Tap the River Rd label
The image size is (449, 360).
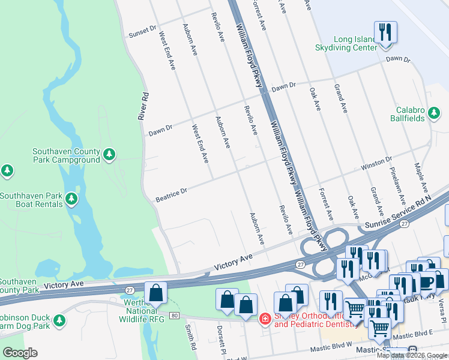tap(143, 106)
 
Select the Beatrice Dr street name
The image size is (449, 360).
tap(172, 194)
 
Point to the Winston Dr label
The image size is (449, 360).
tap(376, 163)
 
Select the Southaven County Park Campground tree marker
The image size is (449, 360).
tap(109, 155)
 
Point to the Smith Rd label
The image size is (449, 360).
tap(190, 337)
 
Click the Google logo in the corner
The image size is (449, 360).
tap(20, 353)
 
